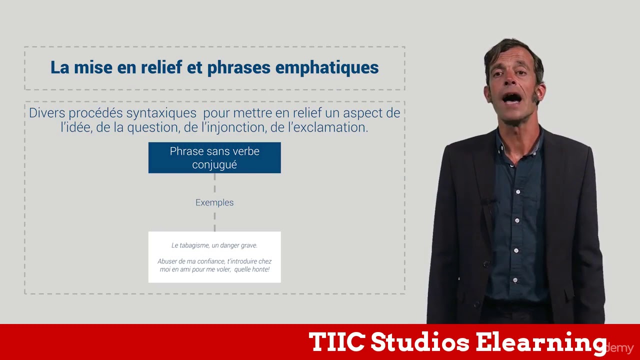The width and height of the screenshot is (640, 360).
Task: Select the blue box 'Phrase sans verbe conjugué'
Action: point(214,158)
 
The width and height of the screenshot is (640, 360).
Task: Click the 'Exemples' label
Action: point(214,202)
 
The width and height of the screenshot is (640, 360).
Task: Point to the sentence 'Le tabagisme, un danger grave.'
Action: point(214,245)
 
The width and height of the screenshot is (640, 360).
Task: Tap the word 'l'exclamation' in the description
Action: point(327,127)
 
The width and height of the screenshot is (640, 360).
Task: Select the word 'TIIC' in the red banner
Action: point(336,342)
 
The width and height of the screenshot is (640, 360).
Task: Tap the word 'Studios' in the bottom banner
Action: point(420,342)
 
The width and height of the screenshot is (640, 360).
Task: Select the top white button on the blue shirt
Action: point(518,192)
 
